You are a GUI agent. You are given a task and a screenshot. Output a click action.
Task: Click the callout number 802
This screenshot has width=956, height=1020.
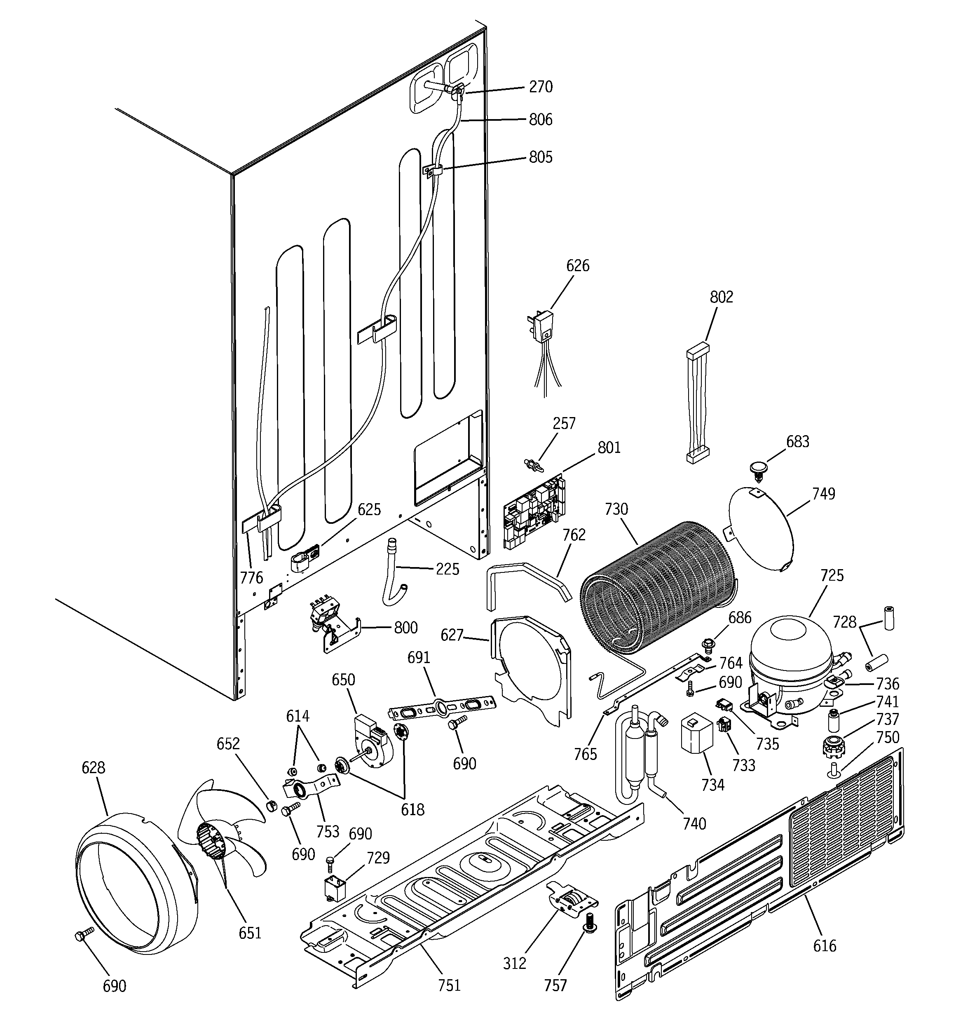721,297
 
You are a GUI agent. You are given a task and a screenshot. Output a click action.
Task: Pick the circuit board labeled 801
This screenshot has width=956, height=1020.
534,513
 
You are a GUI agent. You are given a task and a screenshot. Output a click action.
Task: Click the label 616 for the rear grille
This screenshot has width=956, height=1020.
824,945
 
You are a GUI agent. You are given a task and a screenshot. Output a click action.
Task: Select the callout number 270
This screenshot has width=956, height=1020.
541,87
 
